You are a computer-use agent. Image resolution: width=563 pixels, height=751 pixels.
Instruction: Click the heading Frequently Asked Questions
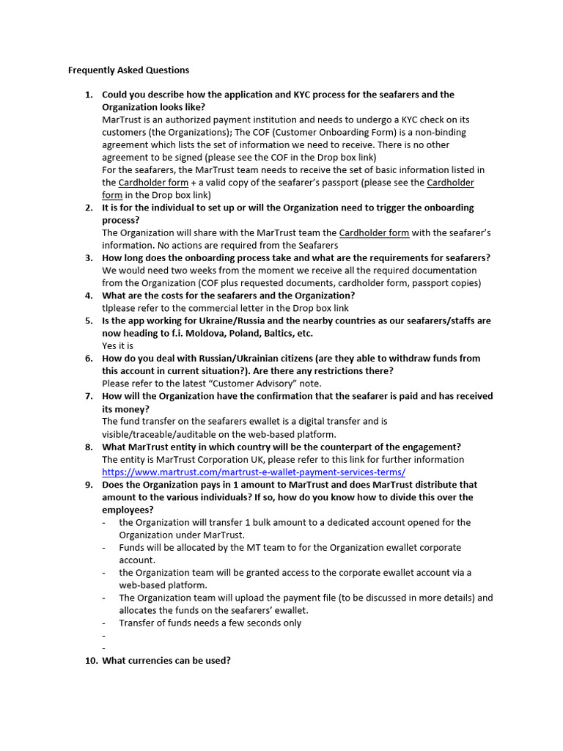(128, 70)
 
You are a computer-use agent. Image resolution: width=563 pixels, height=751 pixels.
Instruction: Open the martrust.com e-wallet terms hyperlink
(253, 472)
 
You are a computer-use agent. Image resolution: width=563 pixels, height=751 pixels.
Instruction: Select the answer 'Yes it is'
(117, 345)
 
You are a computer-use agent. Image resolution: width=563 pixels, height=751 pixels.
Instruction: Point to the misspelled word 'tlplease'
(119, 308)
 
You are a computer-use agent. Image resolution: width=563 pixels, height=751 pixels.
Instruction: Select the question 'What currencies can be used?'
(166, 660)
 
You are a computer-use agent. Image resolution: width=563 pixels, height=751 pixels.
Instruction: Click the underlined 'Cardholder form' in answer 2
(374, 232)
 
